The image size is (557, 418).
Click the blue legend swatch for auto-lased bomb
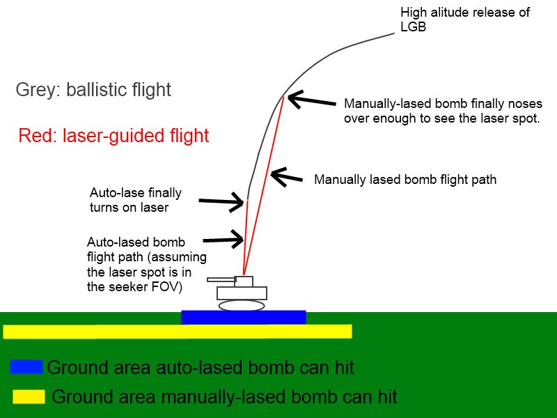26,367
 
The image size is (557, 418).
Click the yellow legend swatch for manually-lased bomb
29,396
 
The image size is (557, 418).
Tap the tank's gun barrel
221,280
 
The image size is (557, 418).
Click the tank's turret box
244,281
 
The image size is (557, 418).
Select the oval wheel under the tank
242,305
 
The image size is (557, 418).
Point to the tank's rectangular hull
242,293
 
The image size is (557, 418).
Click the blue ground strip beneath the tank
244,317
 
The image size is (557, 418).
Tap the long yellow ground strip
178,332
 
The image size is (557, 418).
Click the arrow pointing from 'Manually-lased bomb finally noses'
311,100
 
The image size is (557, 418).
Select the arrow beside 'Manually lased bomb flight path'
286,177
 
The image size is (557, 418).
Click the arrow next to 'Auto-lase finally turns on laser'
221,202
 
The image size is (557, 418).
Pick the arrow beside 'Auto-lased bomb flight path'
223,239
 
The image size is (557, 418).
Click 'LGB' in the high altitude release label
413,26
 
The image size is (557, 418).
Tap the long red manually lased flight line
264,185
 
